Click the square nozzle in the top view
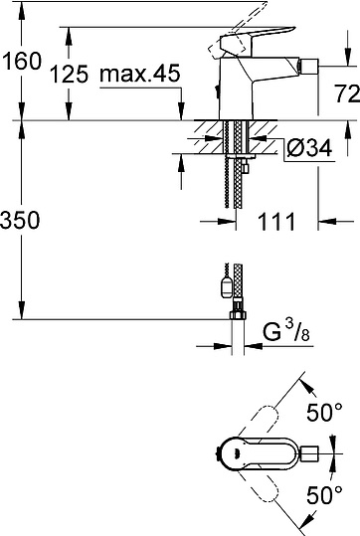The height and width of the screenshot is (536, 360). (x=309, y=456)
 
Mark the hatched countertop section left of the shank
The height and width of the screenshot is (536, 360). (x=209, y=134)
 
